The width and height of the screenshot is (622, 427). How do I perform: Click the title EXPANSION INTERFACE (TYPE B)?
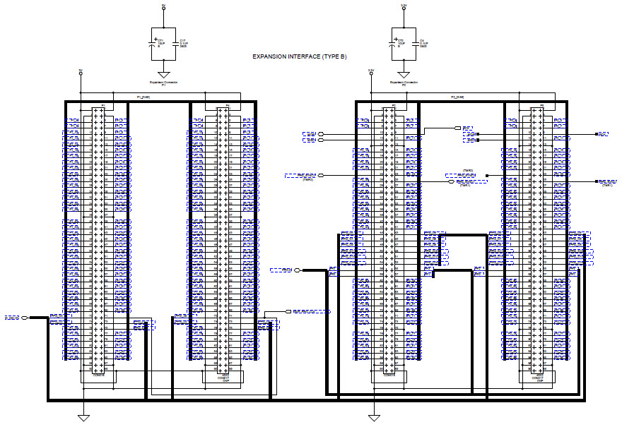[x=300, y=57]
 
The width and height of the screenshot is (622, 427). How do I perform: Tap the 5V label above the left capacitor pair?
[x=163, y=5]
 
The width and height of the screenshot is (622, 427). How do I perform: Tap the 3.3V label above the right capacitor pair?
[x=404, y=5]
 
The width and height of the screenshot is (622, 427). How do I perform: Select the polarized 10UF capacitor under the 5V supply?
[x=152, y=43]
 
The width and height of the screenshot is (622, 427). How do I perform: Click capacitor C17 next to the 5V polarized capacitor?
[x=175, y=43]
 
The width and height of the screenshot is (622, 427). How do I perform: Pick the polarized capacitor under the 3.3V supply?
[x=392, y=43]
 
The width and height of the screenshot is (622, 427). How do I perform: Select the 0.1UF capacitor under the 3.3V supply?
[x=416, y=43]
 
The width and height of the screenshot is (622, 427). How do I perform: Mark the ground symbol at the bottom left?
[x=83, y=418]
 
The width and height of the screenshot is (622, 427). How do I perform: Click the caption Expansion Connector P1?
[x=163, y=84]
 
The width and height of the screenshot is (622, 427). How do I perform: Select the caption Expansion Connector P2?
[x=404, y=84]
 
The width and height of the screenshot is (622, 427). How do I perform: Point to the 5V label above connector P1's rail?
[x=81, y=71]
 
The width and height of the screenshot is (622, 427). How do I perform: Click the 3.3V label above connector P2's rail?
[x=370, y=71]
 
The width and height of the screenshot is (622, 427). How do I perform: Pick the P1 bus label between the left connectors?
[x=143, y=97]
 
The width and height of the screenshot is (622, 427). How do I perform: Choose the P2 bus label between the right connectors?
[x=457, y=97]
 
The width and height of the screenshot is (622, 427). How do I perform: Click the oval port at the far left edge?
[x=25, y=318]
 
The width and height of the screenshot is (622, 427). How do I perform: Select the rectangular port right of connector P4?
[x=288, y=311]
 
